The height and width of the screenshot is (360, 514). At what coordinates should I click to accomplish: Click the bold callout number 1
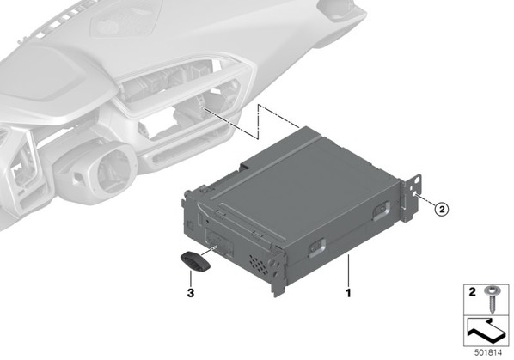point(348,293)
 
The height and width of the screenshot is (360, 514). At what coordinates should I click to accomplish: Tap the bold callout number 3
point(191,293)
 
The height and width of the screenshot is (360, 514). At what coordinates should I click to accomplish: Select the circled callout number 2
point(442,209)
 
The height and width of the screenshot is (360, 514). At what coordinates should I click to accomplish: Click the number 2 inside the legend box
point(472,291)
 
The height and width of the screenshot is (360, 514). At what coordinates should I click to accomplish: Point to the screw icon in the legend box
point(491,300)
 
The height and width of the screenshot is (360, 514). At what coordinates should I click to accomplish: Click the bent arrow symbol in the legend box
point(486,332)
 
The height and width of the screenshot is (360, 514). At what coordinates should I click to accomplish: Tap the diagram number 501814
point(488,353)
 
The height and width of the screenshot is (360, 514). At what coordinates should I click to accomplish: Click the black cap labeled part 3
point(195,261)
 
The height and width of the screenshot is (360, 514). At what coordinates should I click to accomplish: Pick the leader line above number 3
point(190,278)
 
